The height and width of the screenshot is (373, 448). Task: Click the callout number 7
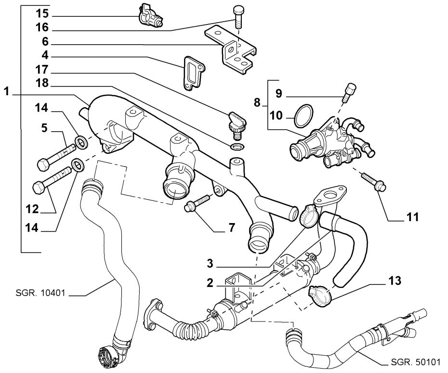(231, 227)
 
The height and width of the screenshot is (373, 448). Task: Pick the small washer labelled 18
(237, 146)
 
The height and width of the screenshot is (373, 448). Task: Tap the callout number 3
(210, 264)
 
